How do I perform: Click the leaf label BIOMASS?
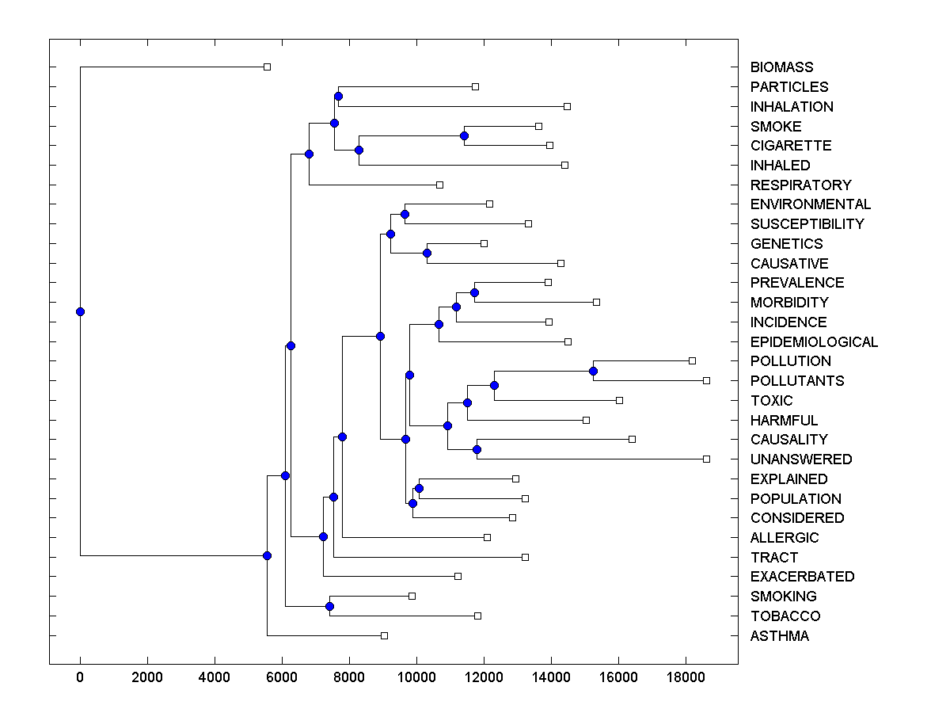point(781,67)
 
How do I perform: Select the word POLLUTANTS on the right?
point(797,381)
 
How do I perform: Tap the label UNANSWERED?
point(801,459)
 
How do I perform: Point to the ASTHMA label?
point(780,636)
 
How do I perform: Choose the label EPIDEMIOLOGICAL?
point(814,342)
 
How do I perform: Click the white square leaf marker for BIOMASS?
point(267,67)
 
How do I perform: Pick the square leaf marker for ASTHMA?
point(384,635)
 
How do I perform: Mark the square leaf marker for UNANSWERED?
point(706,459)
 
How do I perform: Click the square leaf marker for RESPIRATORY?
point(439,185)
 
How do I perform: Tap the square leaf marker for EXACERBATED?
point(458,576)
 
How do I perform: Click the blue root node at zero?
point(80,311)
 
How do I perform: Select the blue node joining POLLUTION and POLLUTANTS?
point(593,371)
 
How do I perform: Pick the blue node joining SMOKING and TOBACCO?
point(329,606)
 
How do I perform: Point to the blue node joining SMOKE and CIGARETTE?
point(464,135)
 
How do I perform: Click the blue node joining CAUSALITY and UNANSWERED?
point(477,449)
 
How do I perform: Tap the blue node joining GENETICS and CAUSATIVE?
point(427,253)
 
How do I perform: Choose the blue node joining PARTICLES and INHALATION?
point(338,96)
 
